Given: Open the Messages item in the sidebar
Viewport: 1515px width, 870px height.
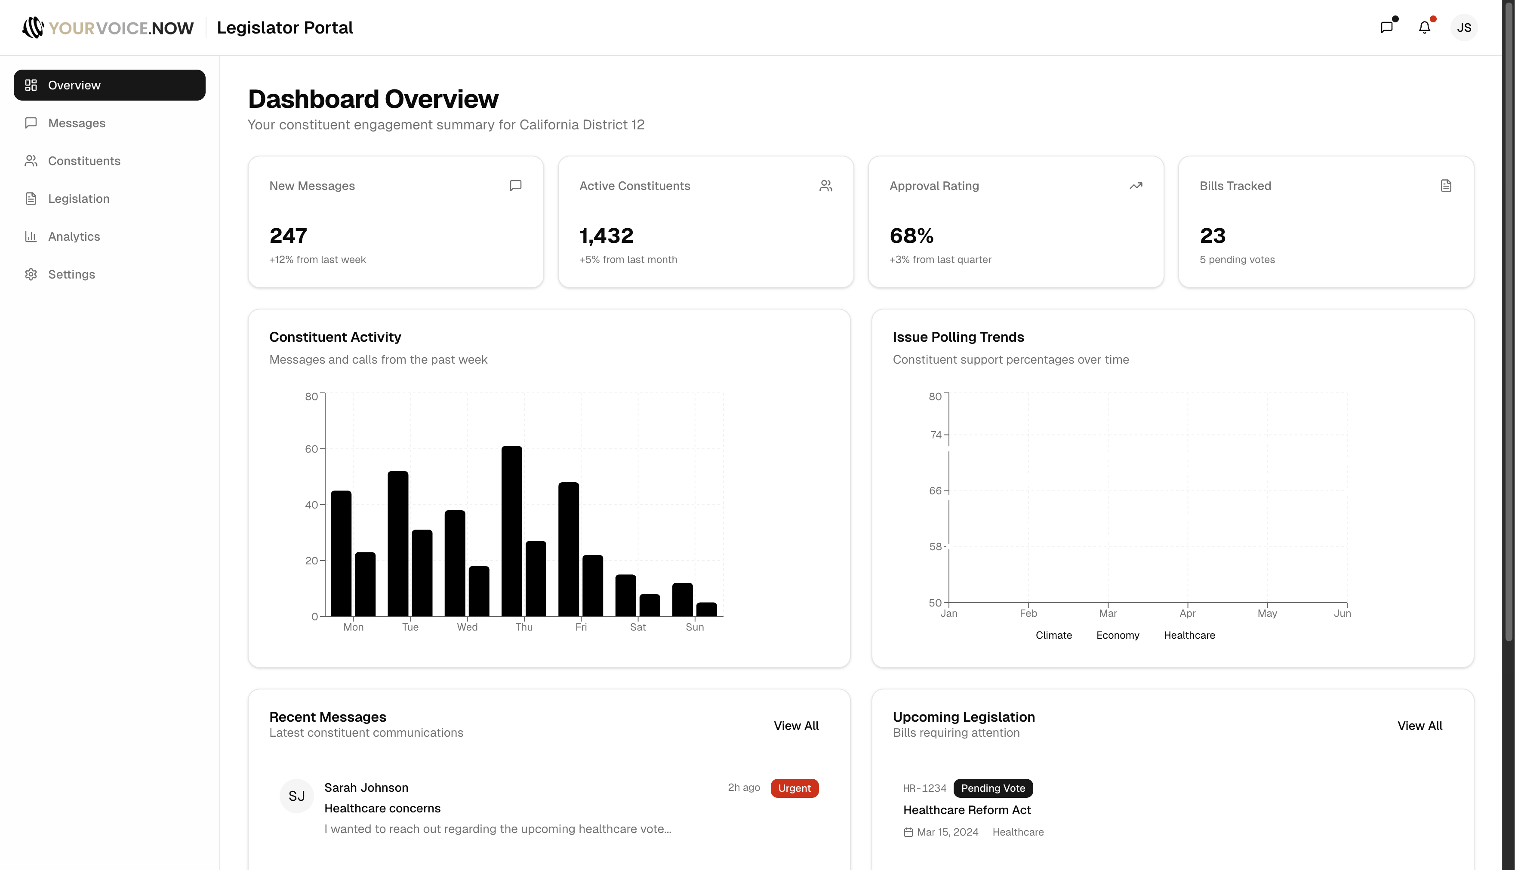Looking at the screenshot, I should pos(77,123).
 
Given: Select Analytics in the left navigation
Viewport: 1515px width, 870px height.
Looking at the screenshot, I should pos(74,236).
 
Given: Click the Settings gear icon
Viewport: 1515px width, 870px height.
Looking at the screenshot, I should pos(31,274).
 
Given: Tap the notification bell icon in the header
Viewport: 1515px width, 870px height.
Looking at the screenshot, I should pos(1425,28).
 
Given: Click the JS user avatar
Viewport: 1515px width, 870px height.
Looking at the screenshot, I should pos(1463,28).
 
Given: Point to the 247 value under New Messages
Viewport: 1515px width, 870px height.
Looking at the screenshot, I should pos(288,236).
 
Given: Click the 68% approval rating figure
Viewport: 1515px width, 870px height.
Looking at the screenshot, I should pos(911,236).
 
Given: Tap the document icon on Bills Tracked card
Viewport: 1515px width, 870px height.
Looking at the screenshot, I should pos(1446,186).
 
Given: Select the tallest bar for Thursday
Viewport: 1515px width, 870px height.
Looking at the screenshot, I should pos(512,530).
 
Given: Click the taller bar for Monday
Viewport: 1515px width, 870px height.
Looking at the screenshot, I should pos(341,553).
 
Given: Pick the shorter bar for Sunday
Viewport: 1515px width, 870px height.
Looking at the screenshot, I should pos(707,609).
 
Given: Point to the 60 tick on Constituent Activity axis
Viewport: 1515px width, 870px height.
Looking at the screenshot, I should pos(311,449).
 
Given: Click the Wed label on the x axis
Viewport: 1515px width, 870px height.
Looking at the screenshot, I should pos(467,627).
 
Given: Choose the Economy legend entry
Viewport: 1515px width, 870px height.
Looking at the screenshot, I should pos(1118,635).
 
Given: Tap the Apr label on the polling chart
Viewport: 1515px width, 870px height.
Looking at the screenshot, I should pos(1187,613).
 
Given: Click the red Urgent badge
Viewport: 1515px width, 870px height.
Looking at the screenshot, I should pos(794,788).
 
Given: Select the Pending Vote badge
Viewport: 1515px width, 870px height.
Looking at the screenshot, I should pos(993,788).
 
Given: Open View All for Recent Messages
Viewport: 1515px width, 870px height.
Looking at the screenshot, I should pos(796,726).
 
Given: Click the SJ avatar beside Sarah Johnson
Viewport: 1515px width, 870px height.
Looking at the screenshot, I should pos(296,796).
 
